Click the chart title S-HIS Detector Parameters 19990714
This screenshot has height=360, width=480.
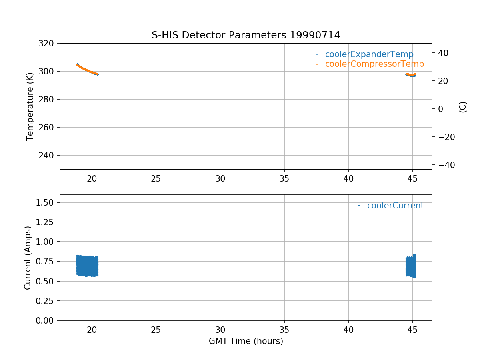pyautogui.click(x=246, y=35)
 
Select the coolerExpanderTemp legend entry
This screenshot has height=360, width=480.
pyautogui.click(x=369, y=54)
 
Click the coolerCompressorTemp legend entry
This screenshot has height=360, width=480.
pyautogui.click(x=374, y=64)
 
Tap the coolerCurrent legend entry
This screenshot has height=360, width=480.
pyautogui.click(x=395, y=206)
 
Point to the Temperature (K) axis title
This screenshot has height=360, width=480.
pyautogui.click(x=30, y=106)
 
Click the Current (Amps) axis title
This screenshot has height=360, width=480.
pyautogui.click(x=28, y=257)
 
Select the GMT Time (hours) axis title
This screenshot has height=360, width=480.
pyautogui.click(x=246, y=341)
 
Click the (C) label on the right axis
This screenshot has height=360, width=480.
pyautogui.click(x=463, y=106)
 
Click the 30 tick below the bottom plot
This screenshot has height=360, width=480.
pyautogui.click(x=220, y=330)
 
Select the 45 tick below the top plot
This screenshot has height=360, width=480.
pyautogui.click(x=412, y=179)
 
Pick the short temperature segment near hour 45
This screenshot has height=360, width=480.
pyautogui.click(x=411, y=75)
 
